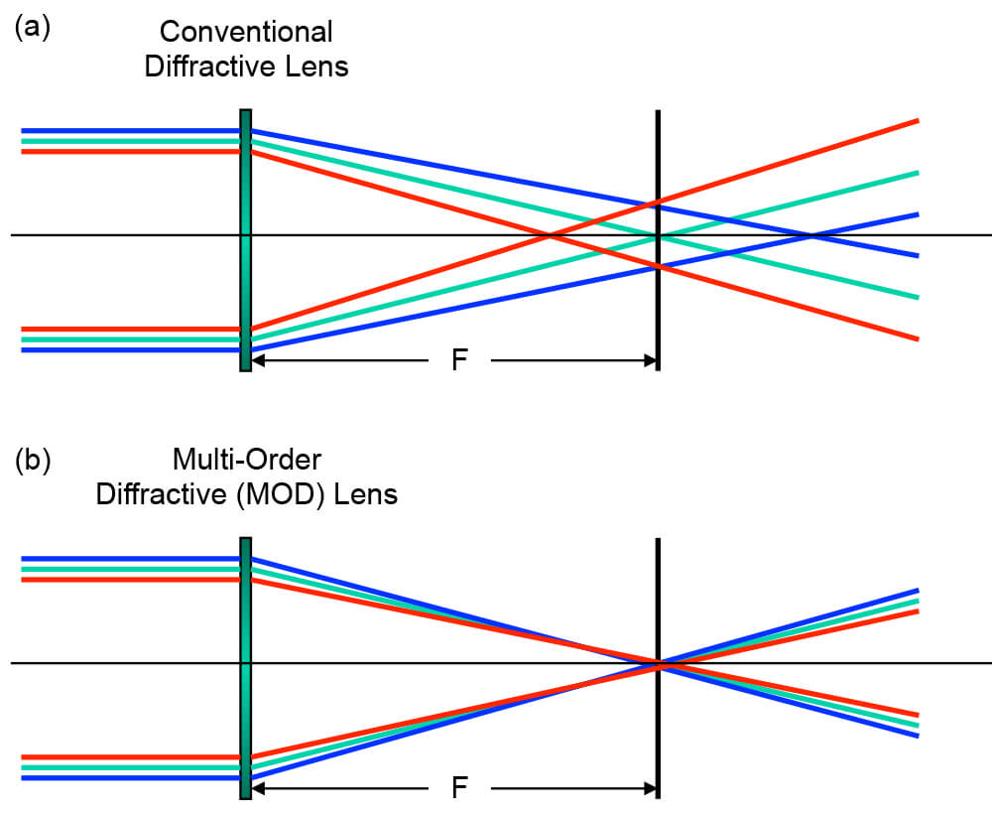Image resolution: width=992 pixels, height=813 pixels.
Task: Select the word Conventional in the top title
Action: coord(246,32)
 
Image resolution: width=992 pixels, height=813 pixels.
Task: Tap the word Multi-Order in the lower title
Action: coord(246,460)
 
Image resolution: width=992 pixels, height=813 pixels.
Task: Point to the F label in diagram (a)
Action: coord(459,359)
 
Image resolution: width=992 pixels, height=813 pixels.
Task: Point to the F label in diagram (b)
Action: coord(459,789)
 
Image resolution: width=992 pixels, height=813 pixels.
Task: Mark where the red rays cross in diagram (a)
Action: coord(549,235)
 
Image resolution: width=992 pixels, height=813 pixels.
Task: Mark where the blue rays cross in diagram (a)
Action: coord(812,235)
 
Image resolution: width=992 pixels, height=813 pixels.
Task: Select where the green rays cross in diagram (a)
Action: coord(657,235)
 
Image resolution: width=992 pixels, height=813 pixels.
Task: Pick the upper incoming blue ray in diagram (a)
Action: coord(129,130)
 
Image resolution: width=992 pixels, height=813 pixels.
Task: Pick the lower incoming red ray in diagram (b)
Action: coord(129,757)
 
